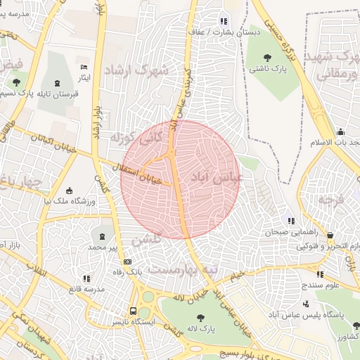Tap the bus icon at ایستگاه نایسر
pyautogui.click(x=134, y=310)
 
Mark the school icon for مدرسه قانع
pyautogui.click(x=86, y=278)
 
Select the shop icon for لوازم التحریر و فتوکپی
pyautogui.click(x=330, y=236)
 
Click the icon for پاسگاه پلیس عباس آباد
pyautogui.click(x=306, y=304)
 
